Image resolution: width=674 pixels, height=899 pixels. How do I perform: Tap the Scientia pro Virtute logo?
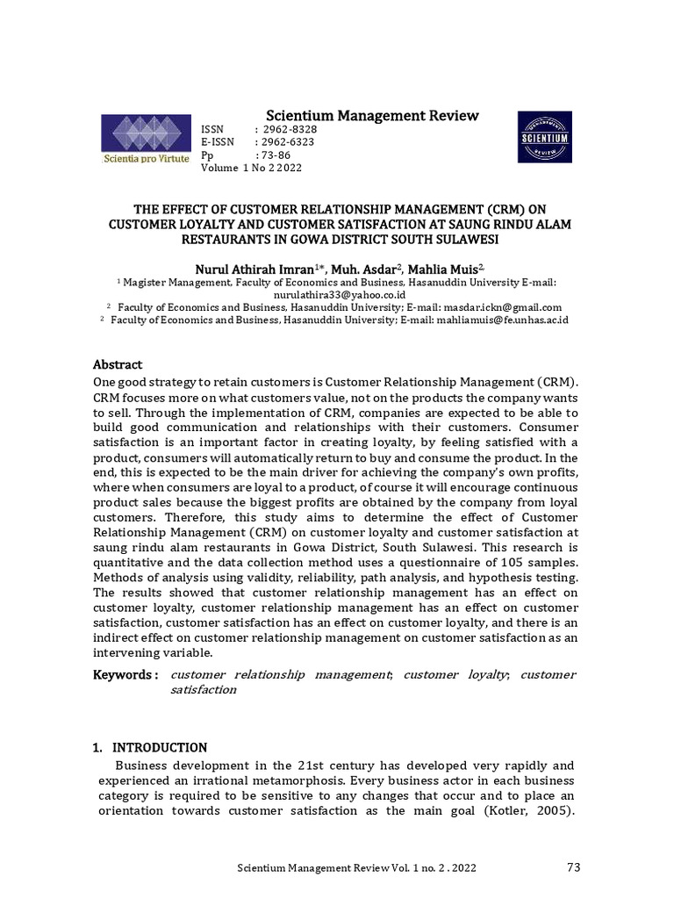coord(146,141)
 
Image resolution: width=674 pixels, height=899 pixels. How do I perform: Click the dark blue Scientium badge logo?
coord(544,138)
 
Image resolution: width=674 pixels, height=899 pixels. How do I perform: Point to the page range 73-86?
coord(275,155)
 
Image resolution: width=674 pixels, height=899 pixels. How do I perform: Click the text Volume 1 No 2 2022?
coord(252,168)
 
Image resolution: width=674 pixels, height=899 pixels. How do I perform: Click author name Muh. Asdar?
coord(369,267)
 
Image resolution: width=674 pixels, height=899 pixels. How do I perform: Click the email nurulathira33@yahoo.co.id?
coord(336,295)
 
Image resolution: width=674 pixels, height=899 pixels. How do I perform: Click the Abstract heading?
coord(118,364)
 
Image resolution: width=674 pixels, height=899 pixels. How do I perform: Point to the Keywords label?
coord(125,674)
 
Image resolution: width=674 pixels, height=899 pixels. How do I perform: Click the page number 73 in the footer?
coord(574,868)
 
